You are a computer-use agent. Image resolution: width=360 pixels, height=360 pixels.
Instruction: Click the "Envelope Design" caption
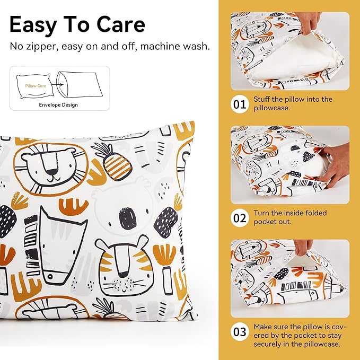pyautogui.click(x=58, y=104)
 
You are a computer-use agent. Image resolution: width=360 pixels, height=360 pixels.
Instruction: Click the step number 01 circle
pyautogui.click(x=240, y=104)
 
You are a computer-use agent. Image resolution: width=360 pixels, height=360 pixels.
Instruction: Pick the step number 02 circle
pyautogui.click(x=240, y=218)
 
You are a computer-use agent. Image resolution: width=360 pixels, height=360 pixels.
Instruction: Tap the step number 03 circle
pyautogui.click(x=240, y=332)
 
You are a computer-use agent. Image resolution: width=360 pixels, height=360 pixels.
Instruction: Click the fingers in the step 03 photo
pyautogui.click(x=303, y=247)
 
